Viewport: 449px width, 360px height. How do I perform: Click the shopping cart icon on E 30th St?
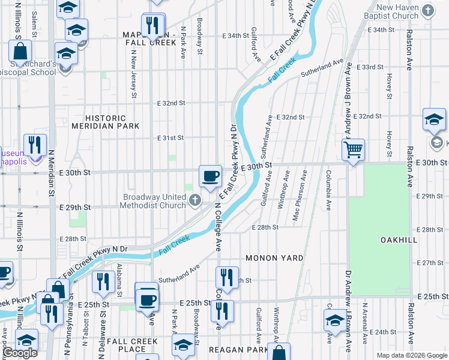click(354, 149)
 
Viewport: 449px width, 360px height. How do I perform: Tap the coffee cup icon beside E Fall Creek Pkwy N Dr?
click(209, 176)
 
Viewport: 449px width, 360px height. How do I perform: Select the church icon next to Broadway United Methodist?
click(194, 201)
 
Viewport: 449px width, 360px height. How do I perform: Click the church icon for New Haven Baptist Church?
click(427, 10)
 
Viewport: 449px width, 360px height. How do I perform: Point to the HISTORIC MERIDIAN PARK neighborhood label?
click(106, 122)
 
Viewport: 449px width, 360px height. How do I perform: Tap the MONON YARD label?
click(274, 258)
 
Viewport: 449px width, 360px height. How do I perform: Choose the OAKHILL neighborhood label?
click(399, 240)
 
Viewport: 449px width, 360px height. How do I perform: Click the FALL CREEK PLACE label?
click(132, 345)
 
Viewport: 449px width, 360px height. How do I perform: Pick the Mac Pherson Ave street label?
click(297, 196)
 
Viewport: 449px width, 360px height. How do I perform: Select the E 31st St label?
click(170, 138)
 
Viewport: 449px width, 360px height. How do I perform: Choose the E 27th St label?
click(429, 263)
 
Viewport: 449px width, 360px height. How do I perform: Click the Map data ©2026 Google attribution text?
click(411, 355)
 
